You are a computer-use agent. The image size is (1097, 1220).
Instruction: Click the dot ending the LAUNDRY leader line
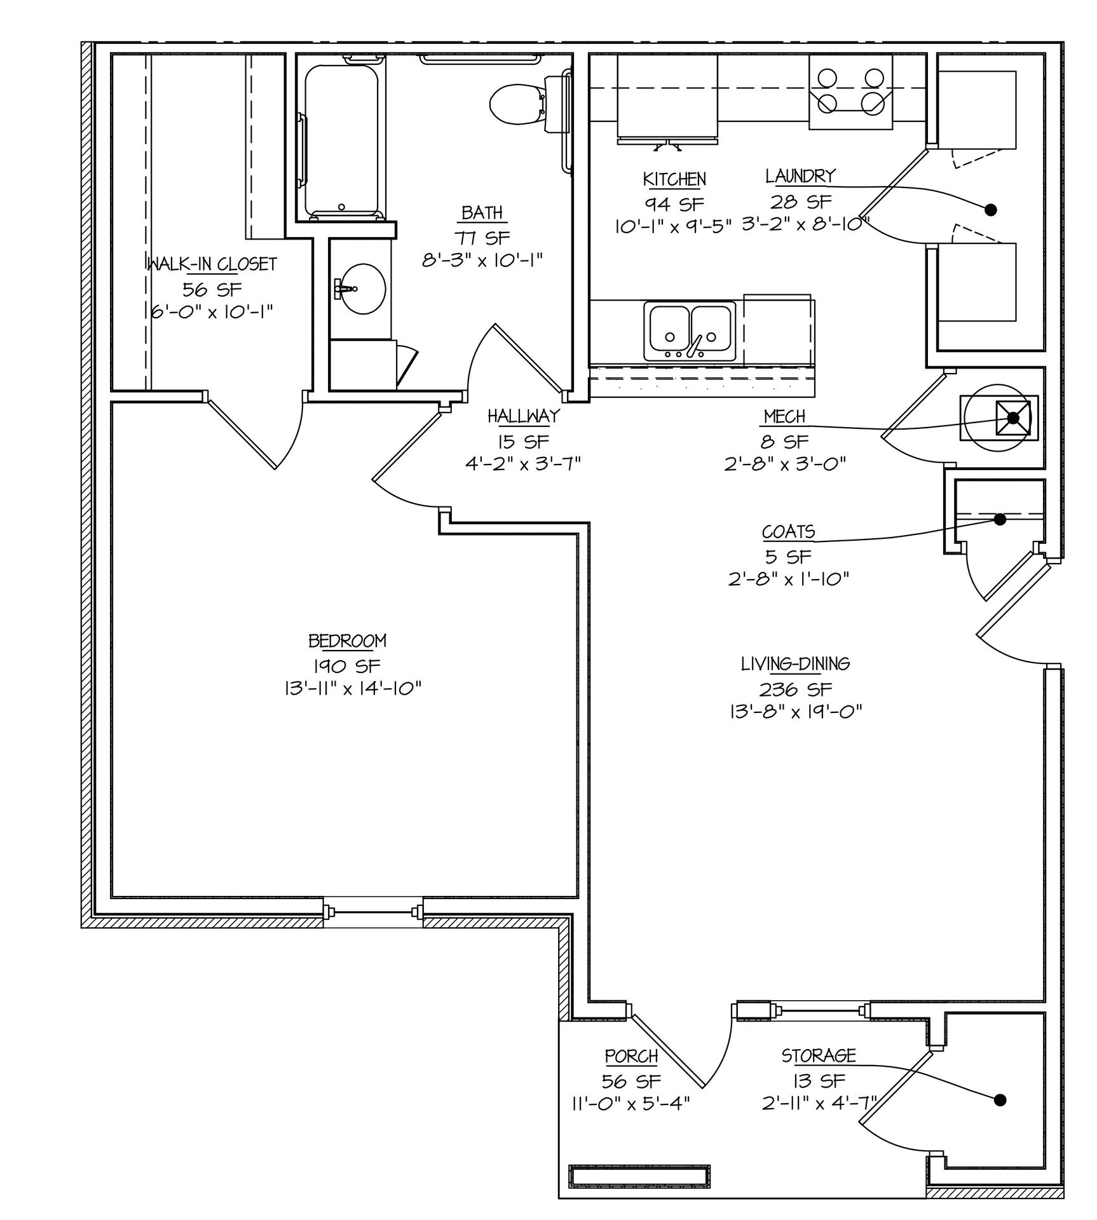coord(990,209)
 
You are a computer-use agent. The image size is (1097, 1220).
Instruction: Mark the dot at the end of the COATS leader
coord(1000,519)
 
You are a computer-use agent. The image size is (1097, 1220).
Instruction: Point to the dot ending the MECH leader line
coord(1013,417)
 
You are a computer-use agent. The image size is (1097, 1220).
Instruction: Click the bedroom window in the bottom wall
coord(373,913)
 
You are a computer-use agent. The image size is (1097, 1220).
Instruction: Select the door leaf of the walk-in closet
coord(242,434)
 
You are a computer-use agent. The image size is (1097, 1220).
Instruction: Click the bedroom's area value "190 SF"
coord(346,666)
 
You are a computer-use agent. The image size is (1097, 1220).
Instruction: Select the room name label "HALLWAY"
coord(524,416)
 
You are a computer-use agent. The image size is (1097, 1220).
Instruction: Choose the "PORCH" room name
coord(631,1056)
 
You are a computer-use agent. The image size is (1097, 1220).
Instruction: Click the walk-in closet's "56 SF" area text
coord(212,290)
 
